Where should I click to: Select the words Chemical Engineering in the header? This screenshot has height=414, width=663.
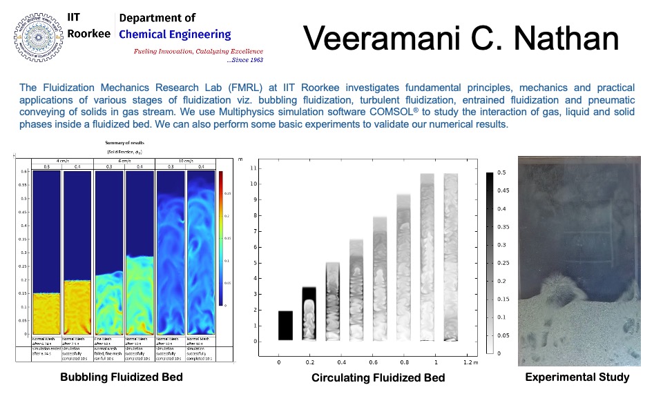175,34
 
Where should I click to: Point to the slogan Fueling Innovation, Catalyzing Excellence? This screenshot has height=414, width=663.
198,51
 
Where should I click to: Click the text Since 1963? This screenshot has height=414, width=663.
246,60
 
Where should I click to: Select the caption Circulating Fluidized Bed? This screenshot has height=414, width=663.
378,377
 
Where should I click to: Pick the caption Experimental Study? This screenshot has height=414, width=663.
577,377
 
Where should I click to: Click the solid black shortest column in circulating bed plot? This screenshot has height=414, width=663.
285,325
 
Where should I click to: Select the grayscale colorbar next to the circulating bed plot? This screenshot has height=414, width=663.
490,262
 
